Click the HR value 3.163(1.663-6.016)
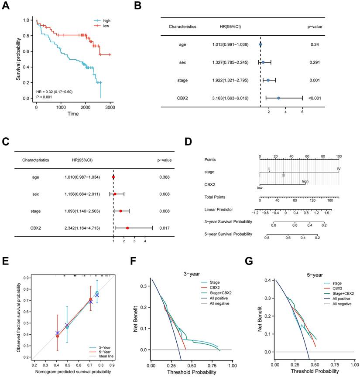[x=230, y=98]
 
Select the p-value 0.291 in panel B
[x=316, y=62]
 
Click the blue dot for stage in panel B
[x=268, y=80]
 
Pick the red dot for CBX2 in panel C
[x=127, y=228]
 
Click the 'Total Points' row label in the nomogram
[x=216, y=197]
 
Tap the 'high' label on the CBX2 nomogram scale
[x=305, y=181]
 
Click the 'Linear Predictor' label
[x=219, y=209]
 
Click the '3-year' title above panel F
[x=189, y=275]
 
